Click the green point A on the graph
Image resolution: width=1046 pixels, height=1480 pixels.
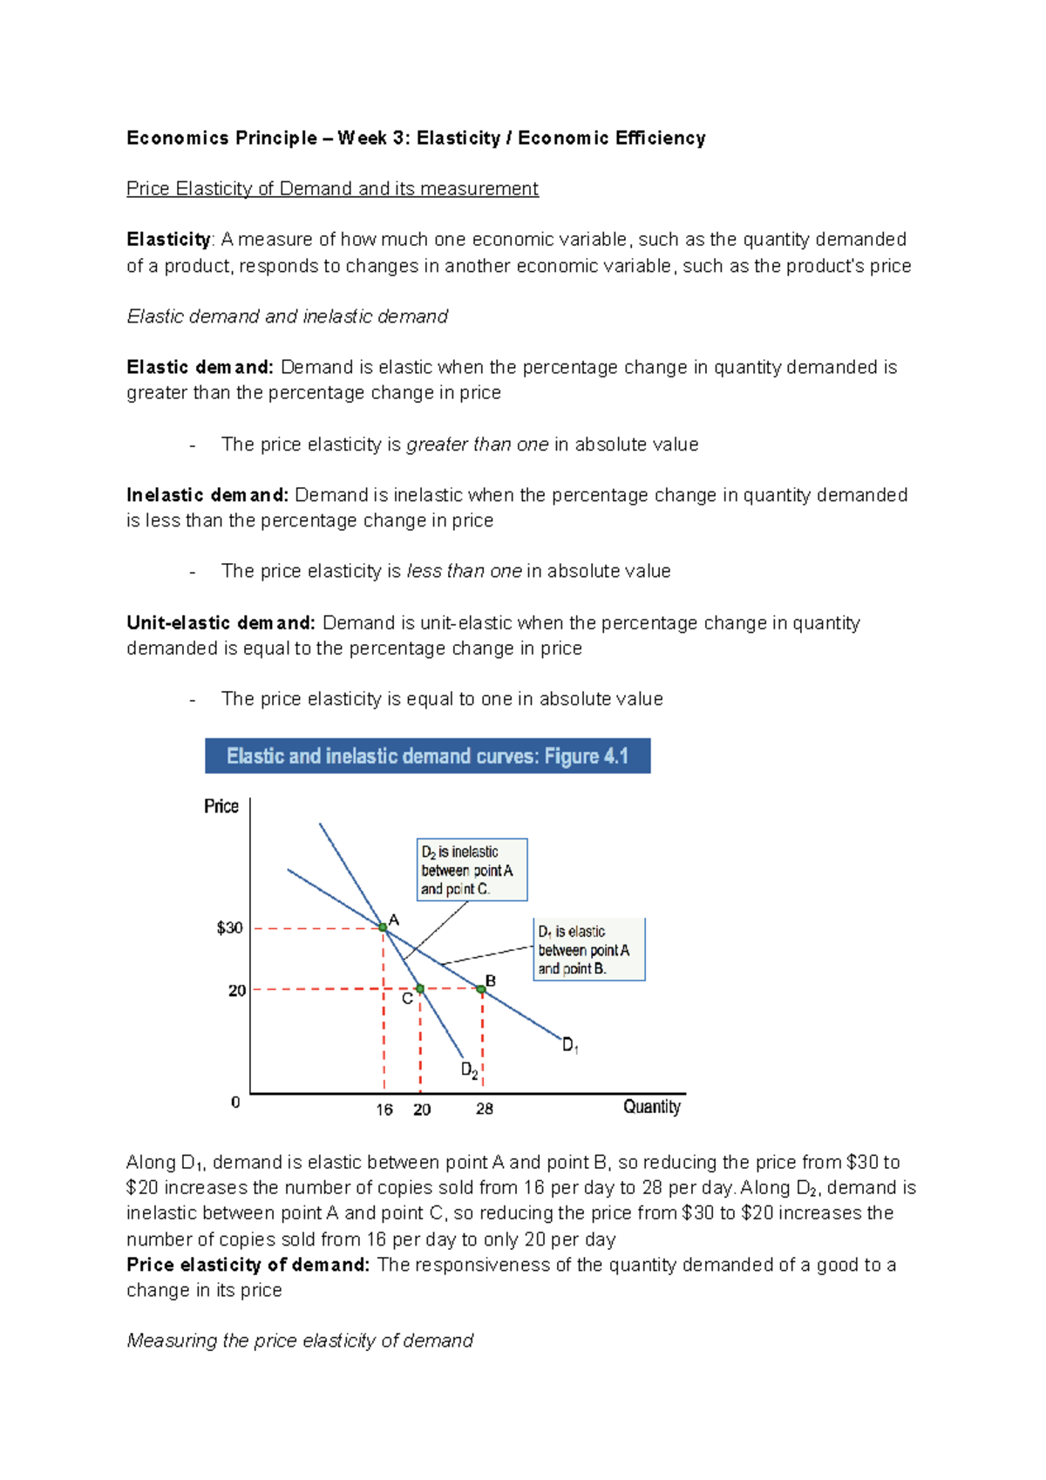(383, 927)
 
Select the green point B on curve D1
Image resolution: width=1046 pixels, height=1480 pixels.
(481, 988)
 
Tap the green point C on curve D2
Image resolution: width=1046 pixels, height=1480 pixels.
(420, 988)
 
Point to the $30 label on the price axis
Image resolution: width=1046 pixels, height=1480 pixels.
(230, 927)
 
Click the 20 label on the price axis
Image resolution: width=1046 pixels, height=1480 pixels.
(237, 990)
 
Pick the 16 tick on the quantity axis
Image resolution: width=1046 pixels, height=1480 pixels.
(384, 1109)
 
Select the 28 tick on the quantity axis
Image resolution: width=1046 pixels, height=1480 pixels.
(485, 1109)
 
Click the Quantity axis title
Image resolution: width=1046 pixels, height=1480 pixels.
(651, 1107)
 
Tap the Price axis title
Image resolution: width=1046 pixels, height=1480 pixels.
(221, 806)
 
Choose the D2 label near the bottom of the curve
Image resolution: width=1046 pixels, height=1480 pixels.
(469, 1069)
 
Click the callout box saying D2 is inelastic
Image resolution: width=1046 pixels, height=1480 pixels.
(472, 870)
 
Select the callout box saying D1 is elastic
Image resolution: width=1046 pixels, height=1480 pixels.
(589, 949)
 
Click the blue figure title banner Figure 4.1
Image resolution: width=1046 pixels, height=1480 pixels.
(427, 756)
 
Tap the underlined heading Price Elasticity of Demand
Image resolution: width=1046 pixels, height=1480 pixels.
(332, 188)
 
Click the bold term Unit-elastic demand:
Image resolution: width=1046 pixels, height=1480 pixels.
(221, 622)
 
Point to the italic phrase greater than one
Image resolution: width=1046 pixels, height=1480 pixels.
(478, 445)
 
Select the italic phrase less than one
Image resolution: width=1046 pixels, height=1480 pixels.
(465, 571)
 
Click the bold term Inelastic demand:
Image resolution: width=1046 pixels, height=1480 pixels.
(207, 495)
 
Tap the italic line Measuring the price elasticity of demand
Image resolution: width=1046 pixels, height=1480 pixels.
(300, 1341)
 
